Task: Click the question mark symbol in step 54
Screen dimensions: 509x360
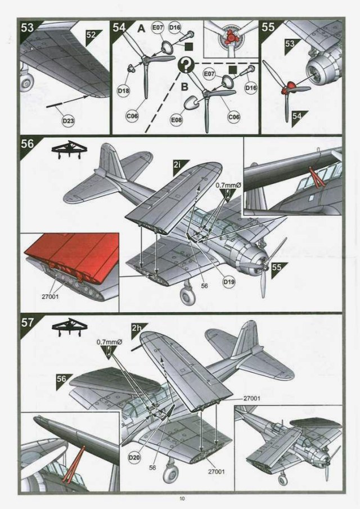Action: point(186,67)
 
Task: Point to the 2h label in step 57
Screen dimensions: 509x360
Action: point(136,327)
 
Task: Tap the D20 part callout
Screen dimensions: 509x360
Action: point(134,458)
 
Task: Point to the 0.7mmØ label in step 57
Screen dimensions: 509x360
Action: point(107,341)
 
